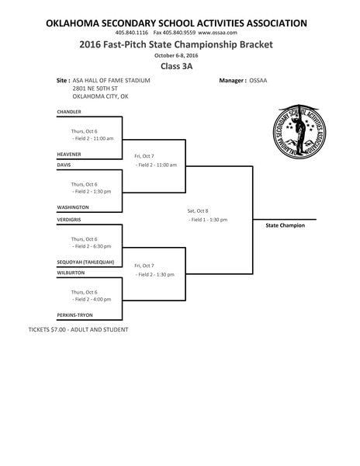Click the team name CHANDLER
click(x=69, y=112)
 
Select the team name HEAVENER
click(x=70, y=155)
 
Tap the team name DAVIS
click(x=64, y=165)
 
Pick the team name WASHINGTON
click(x=73, y=207)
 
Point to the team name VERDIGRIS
click(x=70, y=218)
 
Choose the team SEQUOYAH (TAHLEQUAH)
click(x=85, y=262)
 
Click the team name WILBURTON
click(x=71, y=273)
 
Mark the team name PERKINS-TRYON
click(x=75, y=315)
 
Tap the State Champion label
click(x=285, y=225)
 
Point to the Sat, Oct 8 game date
click(x=197, y=210)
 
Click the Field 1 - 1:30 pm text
click(x=208, y=220)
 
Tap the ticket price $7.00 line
click(x=78, y=330)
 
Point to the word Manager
click(x=232, y=80)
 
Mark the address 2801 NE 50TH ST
click(x=97, y=89)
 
